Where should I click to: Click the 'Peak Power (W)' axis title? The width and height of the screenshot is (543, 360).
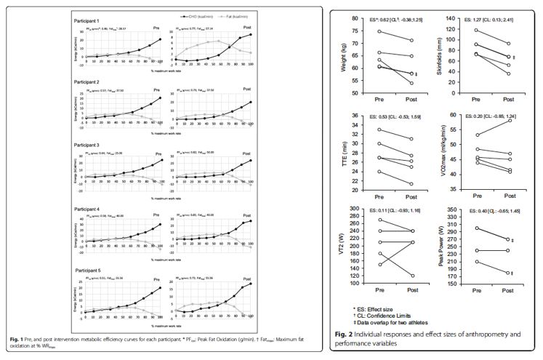coord(437,248)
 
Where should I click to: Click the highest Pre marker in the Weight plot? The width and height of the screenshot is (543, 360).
coord(379,31)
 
